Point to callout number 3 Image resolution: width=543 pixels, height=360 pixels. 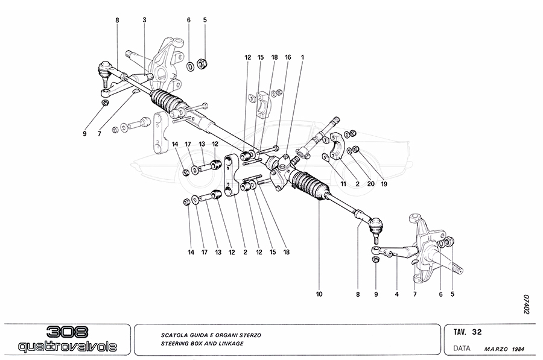point(145,20)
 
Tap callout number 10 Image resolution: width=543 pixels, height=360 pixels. point(319,295)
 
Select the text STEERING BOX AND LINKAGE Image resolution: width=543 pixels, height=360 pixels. point(202,343)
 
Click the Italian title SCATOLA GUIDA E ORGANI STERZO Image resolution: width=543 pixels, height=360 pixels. point(211,333)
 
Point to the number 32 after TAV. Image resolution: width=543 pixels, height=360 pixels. point(477,331)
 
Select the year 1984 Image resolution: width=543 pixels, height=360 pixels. point(518,349)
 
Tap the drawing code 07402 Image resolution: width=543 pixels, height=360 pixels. point(526,304)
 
